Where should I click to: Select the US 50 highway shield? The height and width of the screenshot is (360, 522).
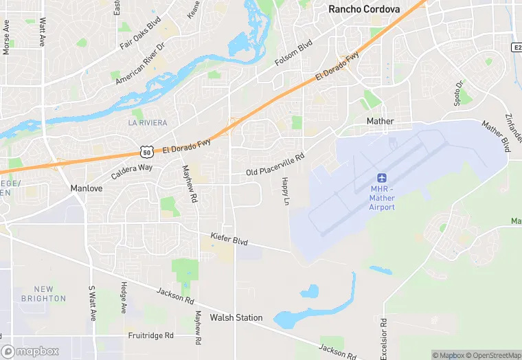click(x=145, y=151)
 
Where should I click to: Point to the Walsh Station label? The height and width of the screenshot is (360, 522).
click(x=236, y=317)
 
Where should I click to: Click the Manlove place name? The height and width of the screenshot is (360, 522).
click(x=87, y=188)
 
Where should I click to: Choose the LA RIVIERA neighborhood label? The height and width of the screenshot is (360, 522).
click(x=147, y=123)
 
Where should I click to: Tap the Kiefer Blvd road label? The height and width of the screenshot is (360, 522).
click(x=229, y=240)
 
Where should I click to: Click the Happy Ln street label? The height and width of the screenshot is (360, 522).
click(x=284, y=191)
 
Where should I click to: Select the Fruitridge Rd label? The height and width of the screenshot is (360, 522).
click(x=150, y=336)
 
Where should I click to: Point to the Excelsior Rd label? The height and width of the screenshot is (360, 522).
click(x=384, y=335)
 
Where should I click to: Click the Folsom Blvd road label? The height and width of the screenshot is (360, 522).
click(x=293, y=53)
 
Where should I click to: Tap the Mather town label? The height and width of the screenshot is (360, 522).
click(x=380, y=121)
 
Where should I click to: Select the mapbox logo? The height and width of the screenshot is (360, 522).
click(x=30, y=351)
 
